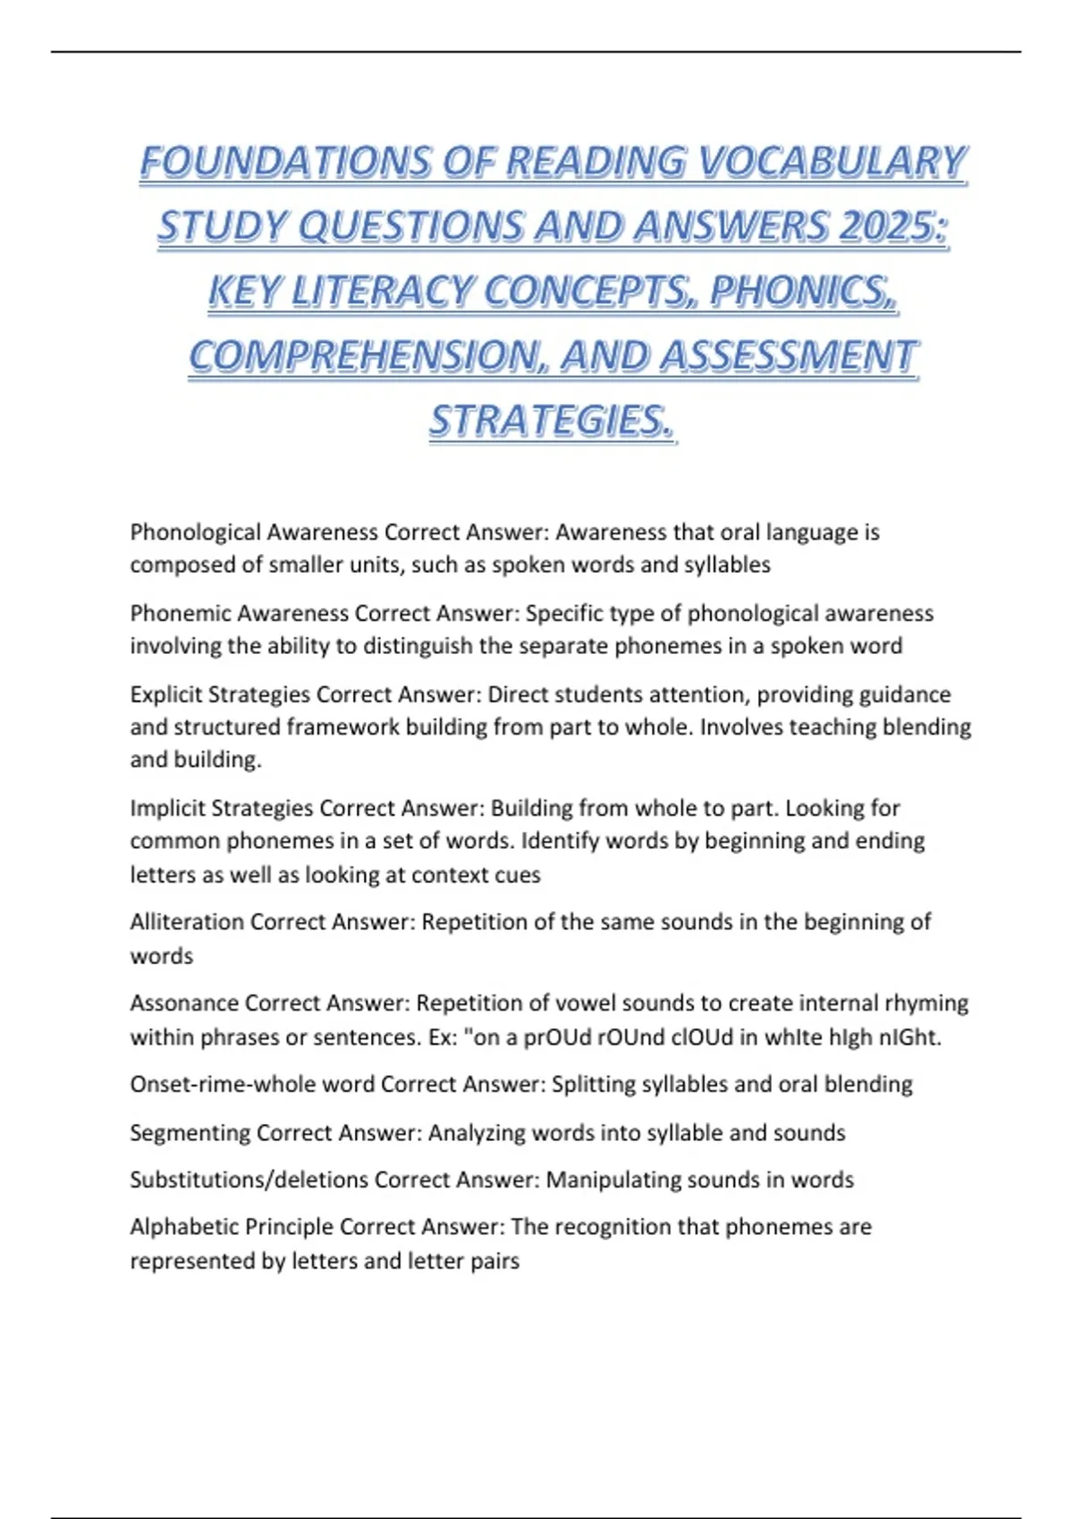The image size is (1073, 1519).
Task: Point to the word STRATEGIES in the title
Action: point(551,421)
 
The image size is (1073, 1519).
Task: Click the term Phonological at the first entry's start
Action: point(195,533)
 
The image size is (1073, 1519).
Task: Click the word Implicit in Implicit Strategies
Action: point(167,809)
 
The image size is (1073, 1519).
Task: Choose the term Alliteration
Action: point(187,922)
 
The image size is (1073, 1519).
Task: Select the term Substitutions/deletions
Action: point(249,1180)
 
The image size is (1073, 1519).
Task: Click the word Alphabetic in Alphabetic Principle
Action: point(184,1228)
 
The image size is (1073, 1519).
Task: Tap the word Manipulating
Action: point(607,1180)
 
